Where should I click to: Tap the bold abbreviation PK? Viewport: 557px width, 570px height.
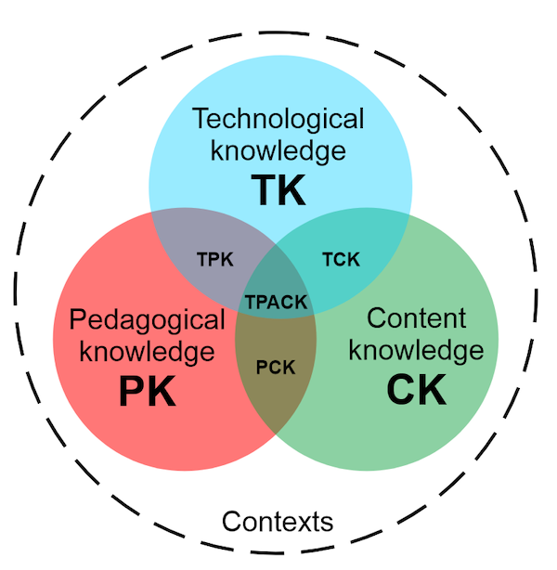(x=147, y=391)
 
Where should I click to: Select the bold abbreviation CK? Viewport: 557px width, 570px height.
(x=416, y=390)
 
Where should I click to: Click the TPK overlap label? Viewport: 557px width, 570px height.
(x=215, y=258)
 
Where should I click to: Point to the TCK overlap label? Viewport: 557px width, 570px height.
(x=341, y=258)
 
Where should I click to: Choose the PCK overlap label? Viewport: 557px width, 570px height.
(x=275, y=368)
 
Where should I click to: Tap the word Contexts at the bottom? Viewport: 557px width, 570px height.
(x=278, y=521)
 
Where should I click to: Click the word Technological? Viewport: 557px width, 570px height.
(x=278, y=119)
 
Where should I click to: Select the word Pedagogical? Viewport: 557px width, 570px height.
(x=148, y=321)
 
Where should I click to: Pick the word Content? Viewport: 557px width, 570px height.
(x=416, y=318)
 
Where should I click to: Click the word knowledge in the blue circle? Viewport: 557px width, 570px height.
(x=278, y=149)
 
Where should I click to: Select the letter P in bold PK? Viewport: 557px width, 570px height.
(x=133, y=391)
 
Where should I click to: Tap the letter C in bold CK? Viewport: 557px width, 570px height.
(x=401, y=390)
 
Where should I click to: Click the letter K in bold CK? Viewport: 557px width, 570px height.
(x=433, y=390)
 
